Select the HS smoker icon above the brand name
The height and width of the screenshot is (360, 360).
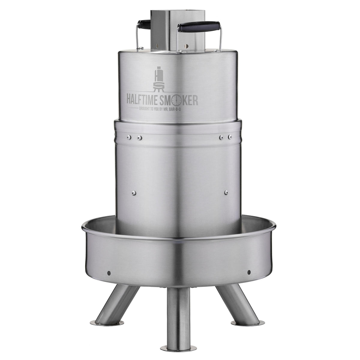pos(158,79)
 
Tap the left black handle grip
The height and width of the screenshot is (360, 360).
pos(144,24)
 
